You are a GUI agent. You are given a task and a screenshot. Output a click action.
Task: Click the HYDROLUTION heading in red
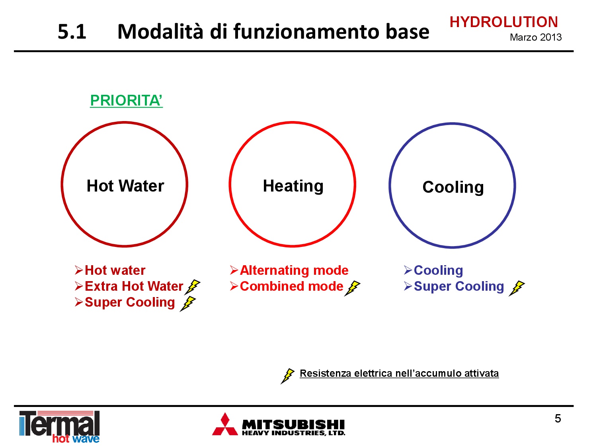pyautogui.click(x=503, y=22)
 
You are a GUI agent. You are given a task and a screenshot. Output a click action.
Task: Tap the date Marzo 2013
pyautogui.click(x=535, y=37)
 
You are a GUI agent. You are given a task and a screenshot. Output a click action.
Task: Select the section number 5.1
pyautogui.click(x=72, y=32)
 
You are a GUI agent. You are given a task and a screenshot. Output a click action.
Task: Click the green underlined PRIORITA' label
pyautogui.click(x=126, y=101)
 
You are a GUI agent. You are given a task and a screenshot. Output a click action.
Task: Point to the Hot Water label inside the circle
pyautogui.click(x=125, y=186)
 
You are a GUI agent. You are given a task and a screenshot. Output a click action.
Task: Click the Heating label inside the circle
pyautogui.click(x=293, y=186)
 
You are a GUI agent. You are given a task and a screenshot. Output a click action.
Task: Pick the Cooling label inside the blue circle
pyautogui.click(x=453, y=188)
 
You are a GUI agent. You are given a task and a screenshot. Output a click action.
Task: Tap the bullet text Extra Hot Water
pyautogui.click(x=134, y=286)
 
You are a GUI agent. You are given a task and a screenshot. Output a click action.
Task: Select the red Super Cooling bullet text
pyautogui.click(x=130, y=303)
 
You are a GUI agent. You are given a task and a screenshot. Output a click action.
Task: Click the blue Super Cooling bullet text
pyautogui.click(x=458, y=286)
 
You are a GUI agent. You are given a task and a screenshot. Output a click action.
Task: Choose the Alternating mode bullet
pyautogui.click(x=294, y=270)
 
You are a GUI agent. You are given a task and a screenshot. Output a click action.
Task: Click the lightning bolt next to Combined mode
pyautogui.click(x=352, y=288)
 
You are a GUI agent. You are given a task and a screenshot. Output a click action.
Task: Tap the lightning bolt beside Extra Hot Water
pyautogui.click(x=192, y=287)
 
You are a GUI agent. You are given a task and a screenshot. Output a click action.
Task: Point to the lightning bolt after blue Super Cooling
pyautogui.click(x=517, y=288)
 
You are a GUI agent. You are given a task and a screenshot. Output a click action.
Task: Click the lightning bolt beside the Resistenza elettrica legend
pyautogui.click(x=287, y=376)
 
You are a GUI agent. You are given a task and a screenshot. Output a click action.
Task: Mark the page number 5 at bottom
pyautogui.click(x=558, y=419)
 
